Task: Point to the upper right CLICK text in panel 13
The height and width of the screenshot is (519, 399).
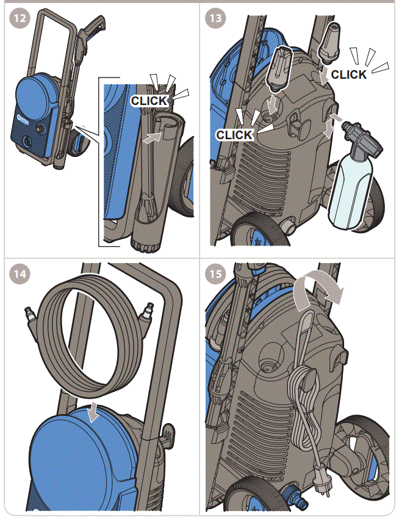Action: [348, 74]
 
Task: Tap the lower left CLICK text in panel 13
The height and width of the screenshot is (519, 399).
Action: [234, 134]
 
